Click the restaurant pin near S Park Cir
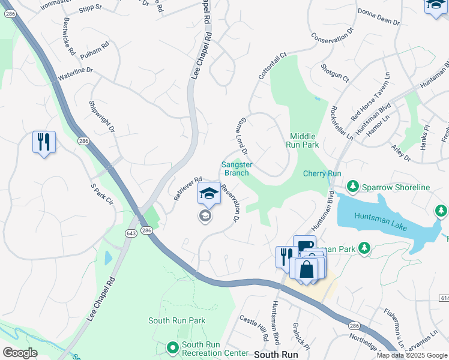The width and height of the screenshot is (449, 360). tap(44, 142)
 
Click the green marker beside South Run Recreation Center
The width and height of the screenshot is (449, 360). tap(173, 347)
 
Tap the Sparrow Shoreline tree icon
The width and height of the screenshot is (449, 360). tap(353, 187)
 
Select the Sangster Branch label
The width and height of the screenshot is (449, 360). tap(236, 169)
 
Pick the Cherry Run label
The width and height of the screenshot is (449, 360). tap(322, 173)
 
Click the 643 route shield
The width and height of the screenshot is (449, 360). tap(131, 232)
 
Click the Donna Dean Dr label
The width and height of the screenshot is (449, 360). tap(378, 16)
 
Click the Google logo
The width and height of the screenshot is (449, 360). tap(20, 353)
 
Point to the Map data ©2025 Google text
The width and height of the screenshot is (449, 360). tap(412, 355)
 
